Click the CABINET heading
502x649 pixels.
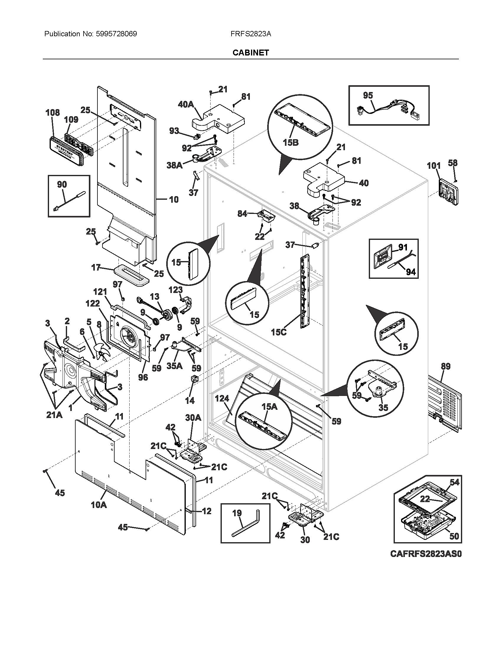(x=250, y=53)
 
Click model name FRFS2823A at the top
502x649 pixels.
(x=250, y=34)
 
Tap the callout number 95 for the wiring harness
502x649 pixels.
(x=368, y=95)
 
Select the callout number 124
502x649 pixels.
(x=222, y=398)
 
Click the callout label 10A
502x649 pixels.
(x=99, y=504)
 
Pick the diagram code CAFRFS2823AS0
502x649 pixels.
(x=426, y=554)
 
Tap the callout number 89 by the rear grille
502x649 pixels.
(x=446, y=366)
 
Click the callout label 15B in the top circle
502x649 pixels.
(x=291, y=142)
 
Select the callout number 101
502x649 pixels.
(x=433, y=165)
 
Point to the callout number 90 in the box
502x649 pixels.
(x=62, y=184)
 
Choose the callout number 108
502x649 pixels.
(x=53, y=113)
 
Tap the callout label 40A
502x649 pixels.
(x=186, y=104)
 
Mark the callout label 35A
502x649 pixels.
(x=175, y=366)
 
